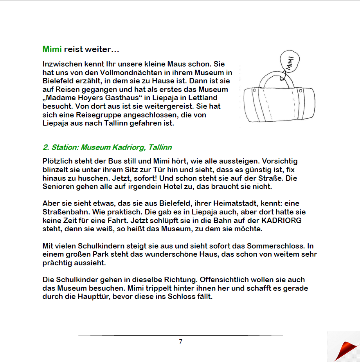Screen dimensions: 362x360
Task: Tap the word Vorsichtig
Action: [x=280, y=161]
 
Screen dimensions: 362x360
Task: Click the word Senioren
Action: [x=57, y=187]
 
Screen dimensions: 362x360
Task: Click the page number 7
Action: [x=180, y=342]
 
